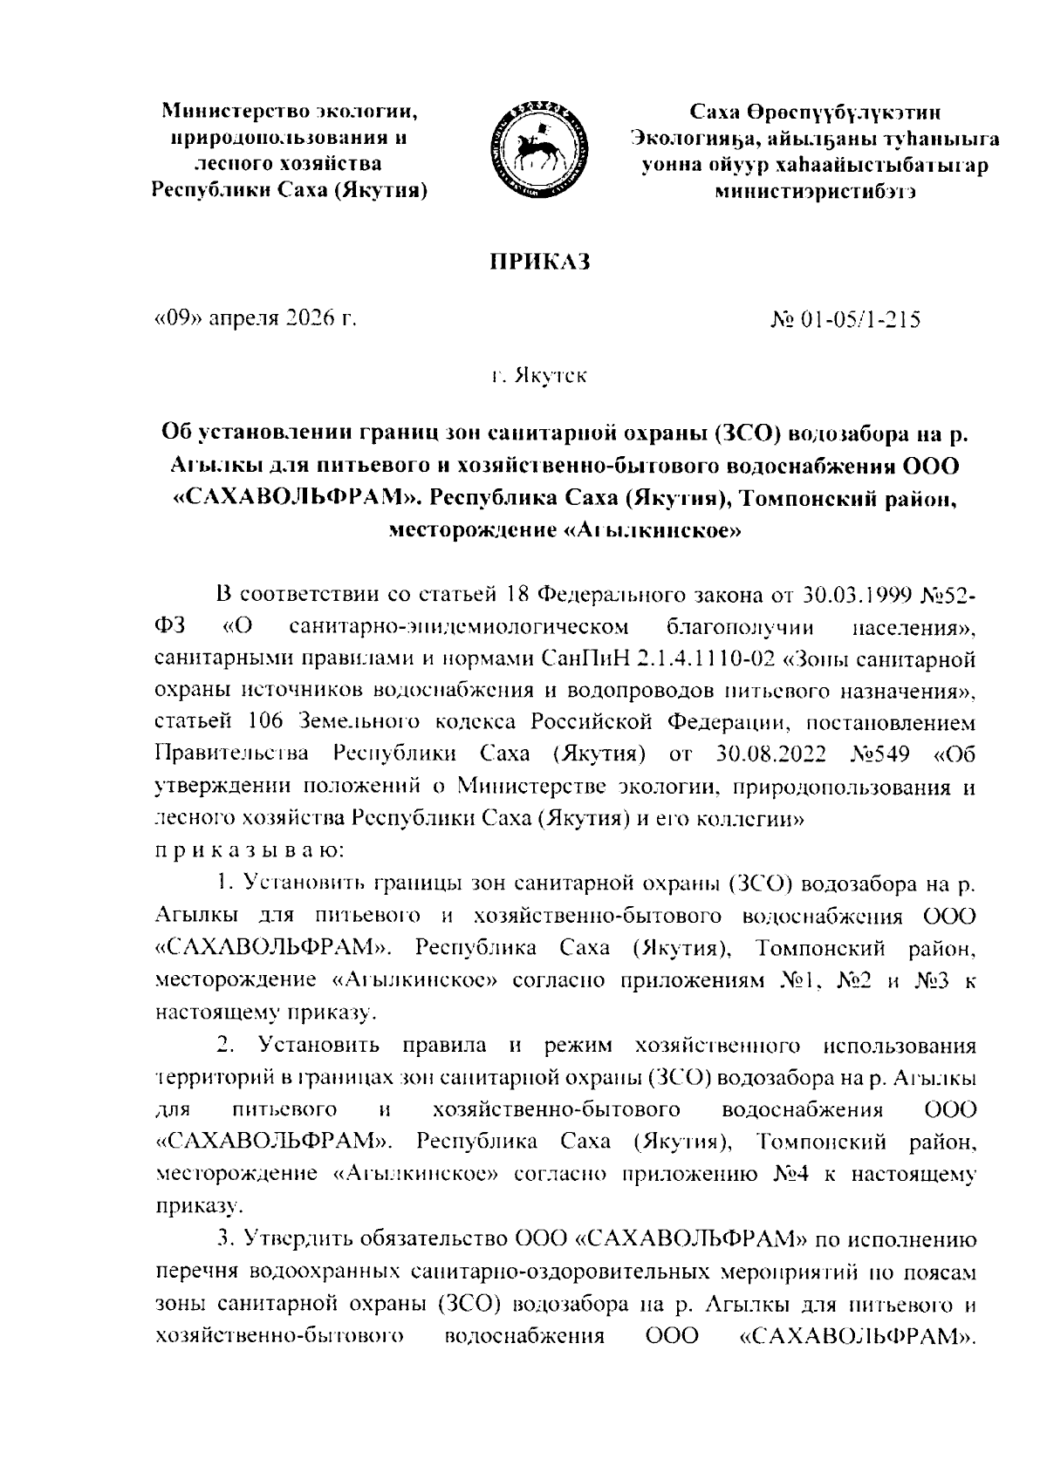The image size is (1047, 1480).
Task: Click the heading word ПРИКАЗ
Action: pos(538,262)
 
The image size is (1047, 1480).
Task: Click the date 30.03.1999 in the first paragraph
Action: pos(854,596)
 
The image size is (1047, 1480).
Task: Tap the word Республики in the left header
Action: pos(205,191)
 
